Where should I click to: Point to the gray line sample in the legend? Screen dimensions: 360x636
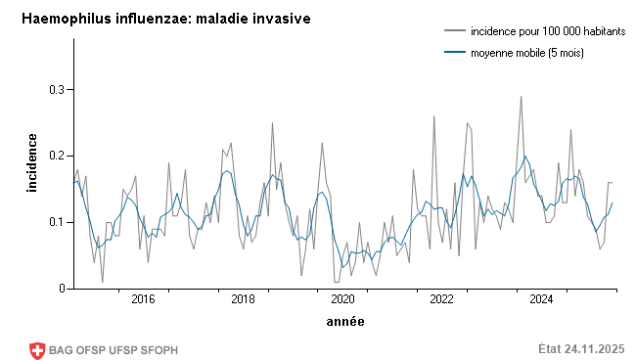tap(454, 32)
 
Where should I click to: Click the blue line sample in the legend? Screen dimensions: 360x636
tap(454, 53)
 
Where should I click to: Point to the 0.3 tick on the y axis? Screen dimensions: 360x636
tap(55, 90)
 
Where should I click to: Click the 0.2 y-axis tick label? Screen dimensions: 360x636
tap(55, 156)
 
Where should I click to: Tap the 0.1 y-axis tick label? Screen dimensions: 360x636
tap(55, 222)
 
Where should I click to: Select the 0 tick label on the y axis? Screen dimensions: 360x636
tap(61, 289)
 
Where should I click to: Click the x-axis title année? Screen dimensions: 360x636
tap(345, 321)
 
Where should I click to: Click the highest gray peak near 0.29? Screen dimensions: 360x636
tap(522, 96)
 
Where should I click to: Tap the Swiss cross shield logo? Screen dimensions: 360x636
tap(38, 349)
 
